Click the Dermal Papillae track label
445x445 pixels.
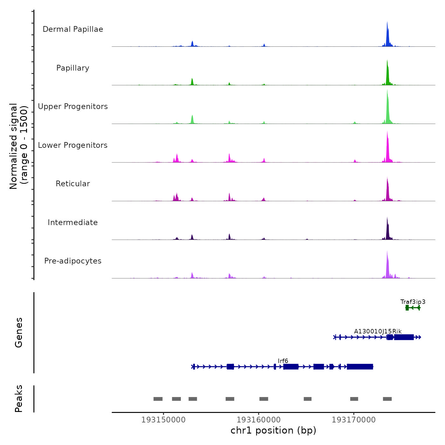pos(73,29)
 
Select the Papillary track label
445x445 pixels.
pos(73,68)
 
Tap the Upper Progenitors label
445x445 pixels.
pos(73,106)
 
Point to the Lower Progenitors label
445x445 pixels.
pos(73,145)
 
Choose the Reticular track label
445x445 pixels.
pos(73,184)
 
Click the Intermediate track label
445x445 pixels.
pos(73,222)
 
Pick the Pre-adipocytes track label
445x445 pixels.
pos(73,261)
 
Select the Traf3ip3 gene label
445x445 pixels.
pos(413,302)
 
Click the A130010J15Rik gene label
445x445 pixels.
pos(378,331)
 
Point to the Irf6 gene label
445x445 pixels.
pos(283,361)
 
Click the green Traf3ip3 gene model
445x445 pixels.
pos(413,308)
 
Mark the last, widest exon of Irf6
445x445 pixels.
pos(360,367)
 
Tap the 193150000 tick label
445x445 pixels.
pos(163,420)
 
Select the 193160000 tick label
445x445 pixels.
pos(259,420)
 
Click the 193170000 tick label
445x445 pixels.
pos(354,420)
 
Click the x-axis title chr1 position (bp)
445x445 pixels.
pos(273,430)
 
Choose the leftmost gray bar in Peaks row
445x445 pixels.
pos(158,399)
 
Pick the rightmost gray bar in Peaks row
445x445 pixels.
pos(387,399)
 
